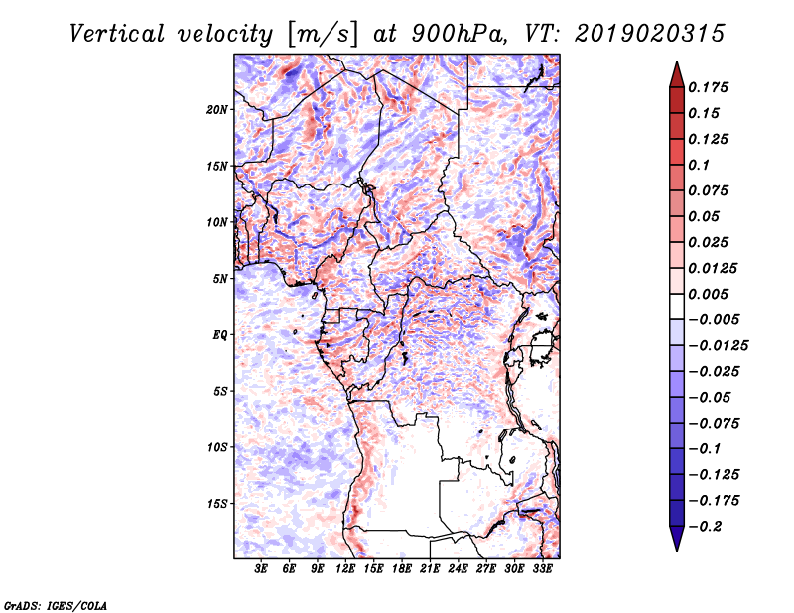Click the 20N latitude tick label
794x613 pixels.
pyautogui.click(x=217, y=110)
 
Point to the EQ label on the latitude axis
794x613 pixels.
pyautogui.click(x=220, y=335)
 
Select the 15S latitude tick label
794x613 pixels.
pyautogui.click(x=217, y=504)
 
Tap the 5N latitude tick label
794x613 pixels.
pyautogui.click(x=220, y=279)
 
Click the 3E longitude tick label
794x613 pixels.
pyautogui.click(x=261, y=569)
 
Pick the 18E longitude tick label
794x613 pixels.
pyautogui.click(x=402, y=569)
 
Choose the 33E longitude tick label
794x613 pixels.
pyautogui.click(x=542, y=569)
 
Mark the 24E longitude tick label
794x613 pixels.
pyautogui.click(x=458, y=569)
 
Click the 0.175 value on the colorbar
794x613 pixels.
pyautogui.click(x=708, y=87)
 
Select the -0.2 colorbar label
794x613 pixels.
pyautogui.click(x=705, y=527)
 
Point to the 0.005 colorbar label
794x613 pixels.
pyautogui.click(x=708, y=294)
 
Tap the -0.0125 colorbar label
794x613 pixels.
pyautogui.click(x=718, y=346)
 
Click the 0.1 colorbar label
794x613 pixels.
pyautogui.click(x=699, y=165)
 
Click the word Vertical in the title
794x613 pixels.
pyautogui.click(x=117, y=34)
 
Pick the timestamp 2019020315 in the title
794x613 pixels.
pyautogui.click(x=650, y=34)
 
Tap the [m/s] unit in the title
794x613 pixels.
pyautogui.click(x=322, y=35)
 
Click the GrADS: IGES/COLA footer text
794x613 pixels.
pyautogui.click(x=56, y=605)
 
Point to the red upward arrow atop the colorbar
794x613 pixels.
pyautogui.click(x=677, y=74)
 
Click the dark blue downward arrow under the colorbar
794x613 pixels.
pyautogui.click(x=677, y=539)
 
